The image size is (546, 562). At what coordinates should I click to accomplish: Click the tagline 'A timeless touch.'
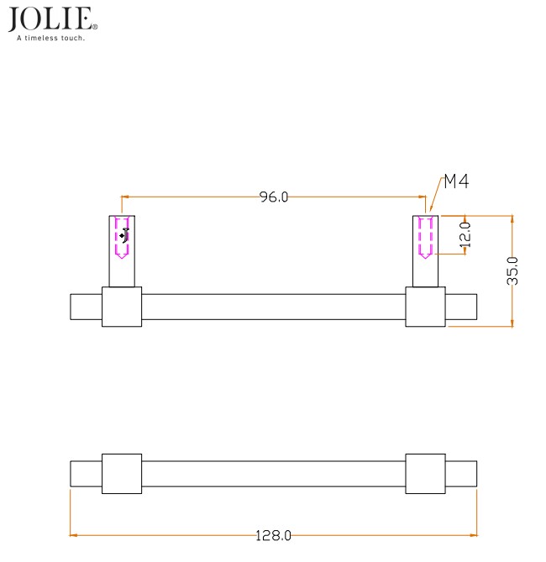pos(50,38)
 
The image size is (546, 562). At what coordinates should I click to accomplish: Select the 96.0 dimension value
pos(274,197)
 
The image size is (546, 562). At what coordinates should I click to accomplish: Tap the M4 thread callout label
pos(455,181)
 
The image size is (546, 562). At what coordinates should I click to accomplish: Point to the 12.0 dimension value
pos(465,234)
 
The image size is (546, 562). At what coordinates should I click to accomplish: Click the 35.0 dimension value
pos(512,270)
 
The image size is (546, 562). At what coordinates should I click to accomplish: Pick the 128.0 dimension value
pos(274,535)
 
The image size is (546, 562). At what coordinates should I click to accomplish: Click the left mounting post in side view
pos(122,252)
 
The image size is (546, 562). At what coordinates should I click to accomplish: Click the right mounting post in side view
pos(425,252)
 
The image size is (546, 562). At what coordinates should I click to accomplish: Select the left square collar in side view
pos(122,307)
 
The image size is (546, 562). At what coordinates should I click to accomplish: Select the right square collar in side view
pos(425,307)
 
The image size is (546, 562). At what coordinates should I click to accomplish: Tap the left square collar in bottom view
pos(122,474)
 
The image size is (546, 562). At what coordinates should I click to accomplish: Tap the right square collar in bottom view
pos(425,474)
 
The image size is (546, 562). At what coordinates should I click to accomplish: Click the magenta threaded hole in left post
pos(122,238)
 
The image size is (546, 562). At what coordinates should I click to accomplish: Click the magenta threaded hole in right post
pos(425,238)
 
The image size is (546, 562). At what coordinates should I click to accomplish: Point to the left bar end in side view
pos(86,307)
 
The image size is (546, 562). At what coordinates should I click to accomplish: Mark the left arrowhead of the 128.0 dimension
pos(73,535)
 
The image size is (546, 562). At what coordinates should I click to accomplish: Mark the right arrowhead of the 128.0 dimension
pos(475,535)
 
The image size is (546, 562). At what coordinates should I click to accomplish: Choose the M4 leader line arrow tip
pos(429,213)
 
